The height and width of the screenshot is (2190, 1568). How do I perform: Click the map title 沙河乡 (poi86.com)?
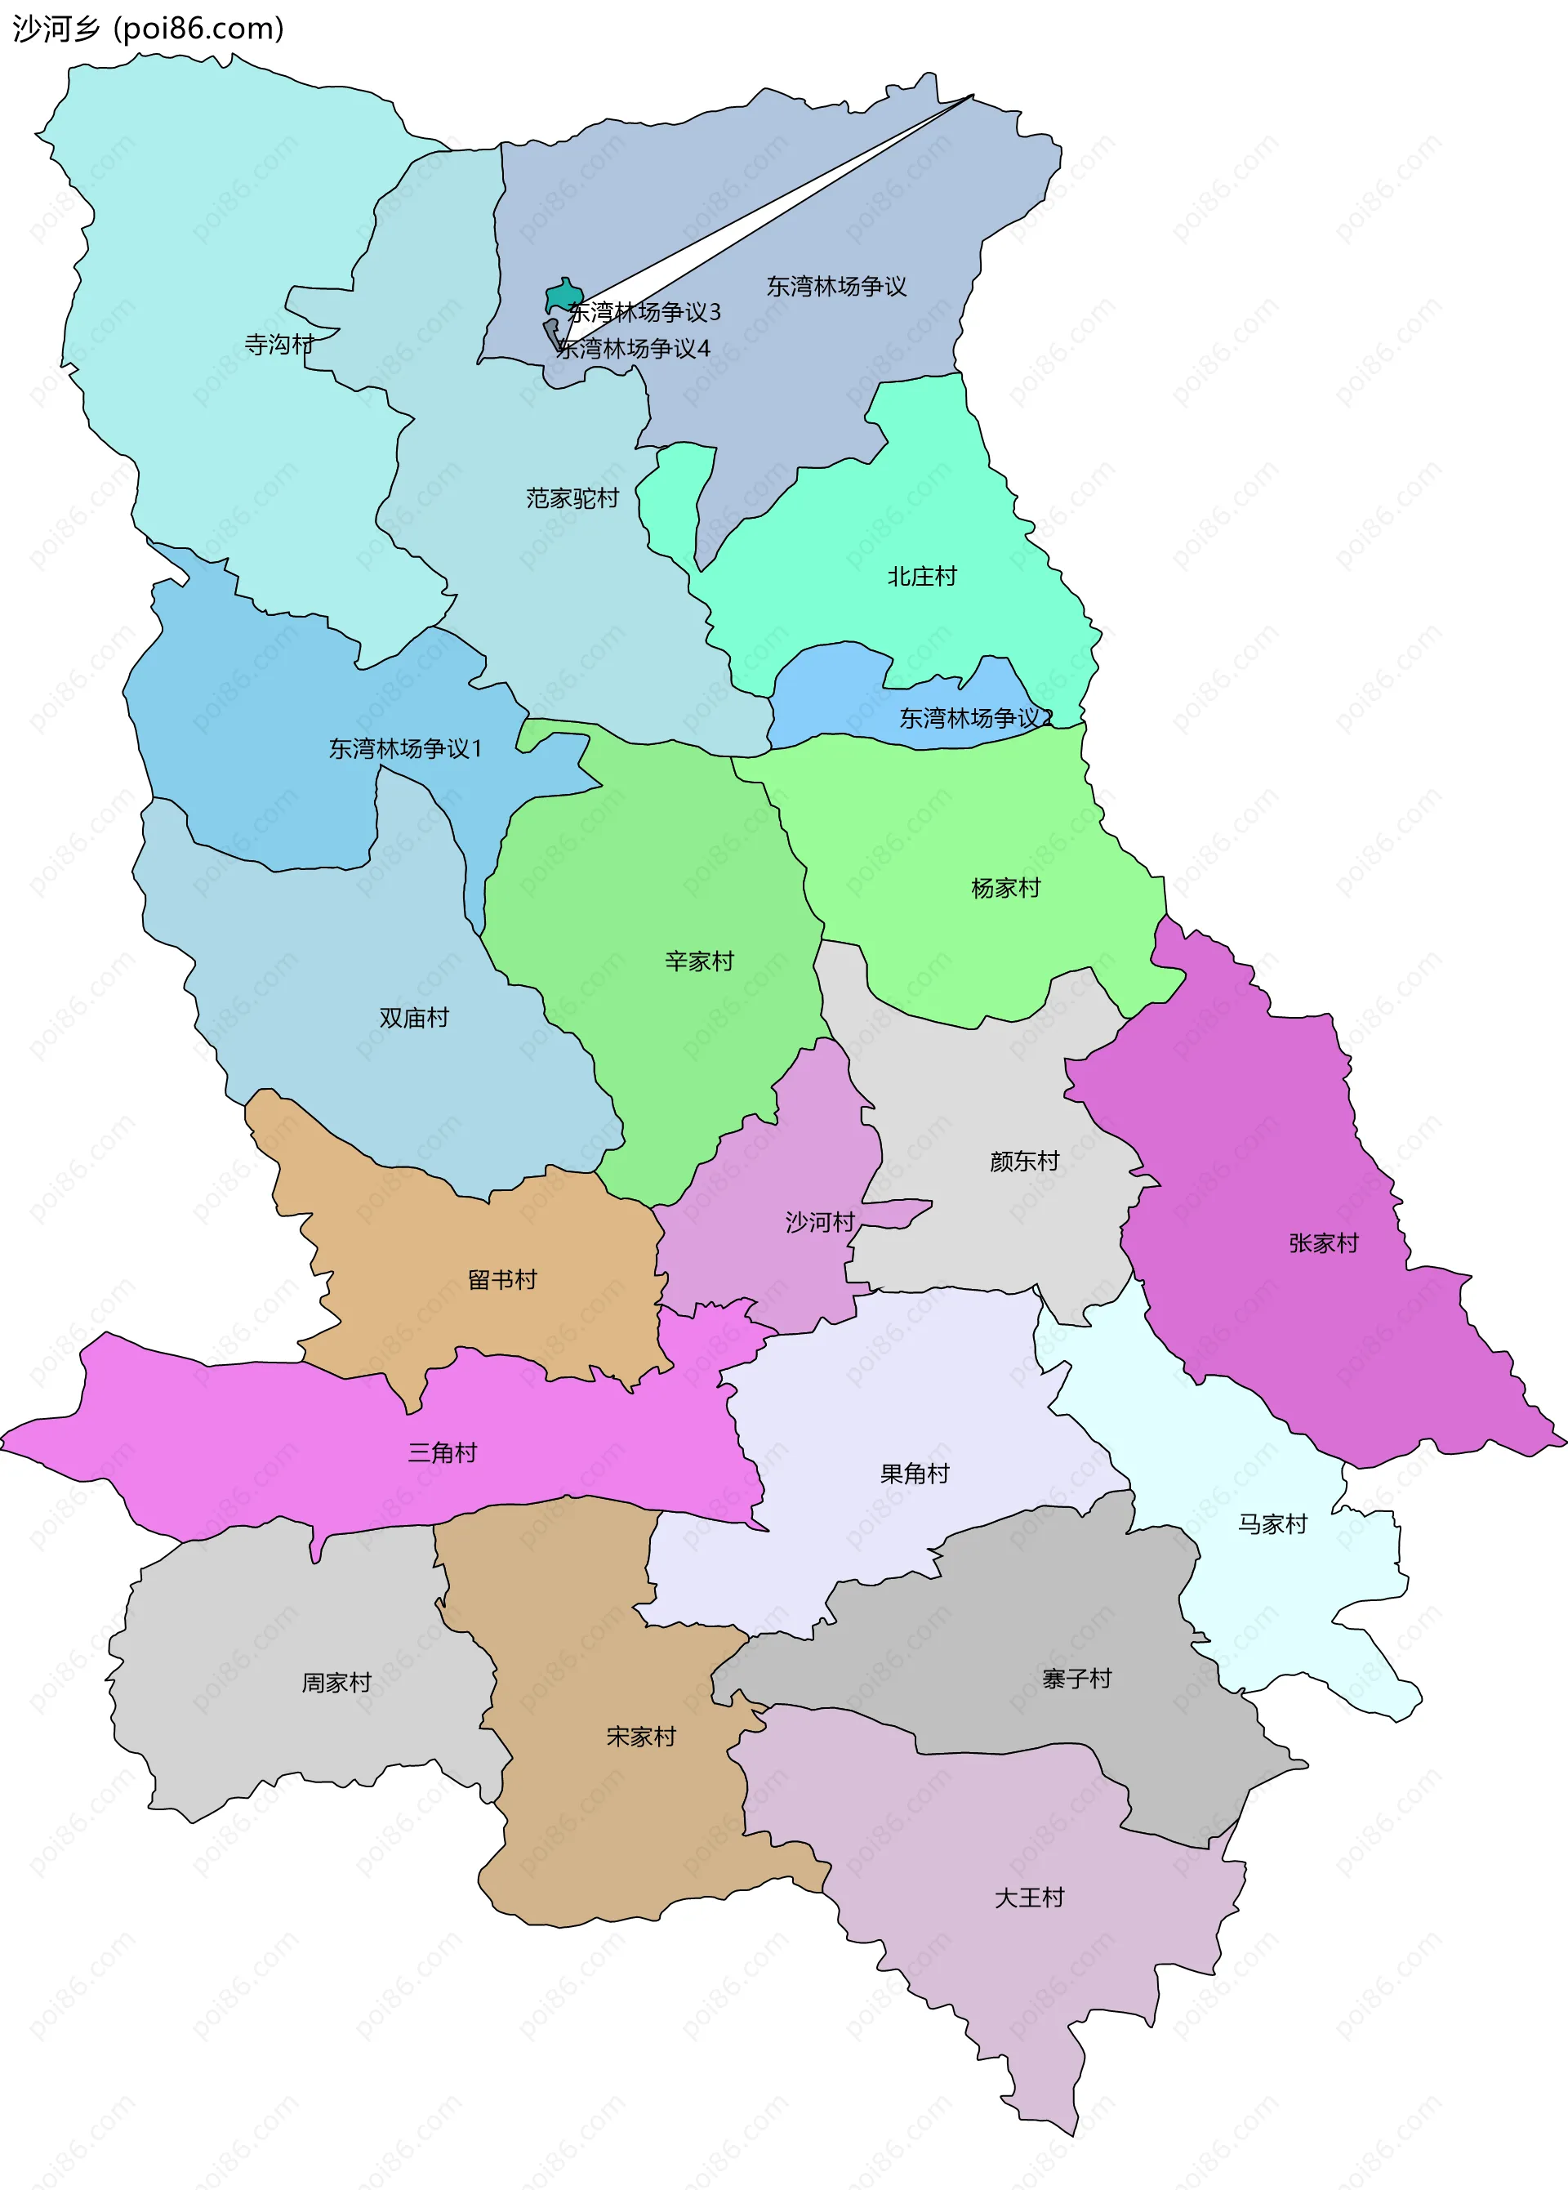148,29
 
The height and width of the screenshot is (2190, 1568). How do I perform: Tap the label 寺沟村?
279,345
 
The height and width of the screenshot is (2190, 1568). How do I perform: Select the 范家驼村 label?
572,498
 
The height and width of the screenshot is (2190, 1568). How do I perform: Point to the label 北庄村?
922,577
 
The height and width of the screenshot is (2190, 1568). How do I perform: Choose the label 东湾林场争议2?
976,718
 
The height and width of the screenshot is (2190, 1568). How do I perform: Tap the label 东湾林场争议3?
644,312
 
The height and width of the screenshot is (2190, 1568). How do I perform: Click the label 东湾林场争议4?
634,349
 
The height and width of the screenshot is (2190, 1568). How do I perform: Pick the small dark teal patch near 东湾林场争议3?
563,293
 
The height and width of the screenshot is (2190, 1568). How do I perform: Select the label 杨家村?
1006,889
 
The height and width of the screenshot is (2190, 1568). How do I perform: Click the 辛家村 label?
700,961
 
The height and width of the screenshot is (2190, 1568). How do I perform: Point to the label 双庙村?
414,1018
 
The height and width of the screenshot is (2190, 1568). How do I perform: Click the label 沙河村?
821,1223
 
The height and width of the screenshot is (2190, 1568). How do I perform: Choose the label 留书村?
502,1280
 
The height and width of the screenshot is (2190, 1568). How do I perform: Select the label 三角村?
442,1453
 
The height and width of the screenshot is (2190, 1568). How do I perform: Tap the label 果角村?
915,1474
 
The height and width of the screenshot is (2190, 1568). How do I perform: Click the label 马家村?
1272,1525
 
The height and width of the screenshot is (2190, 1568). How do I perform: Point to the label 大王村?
1029,1898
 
